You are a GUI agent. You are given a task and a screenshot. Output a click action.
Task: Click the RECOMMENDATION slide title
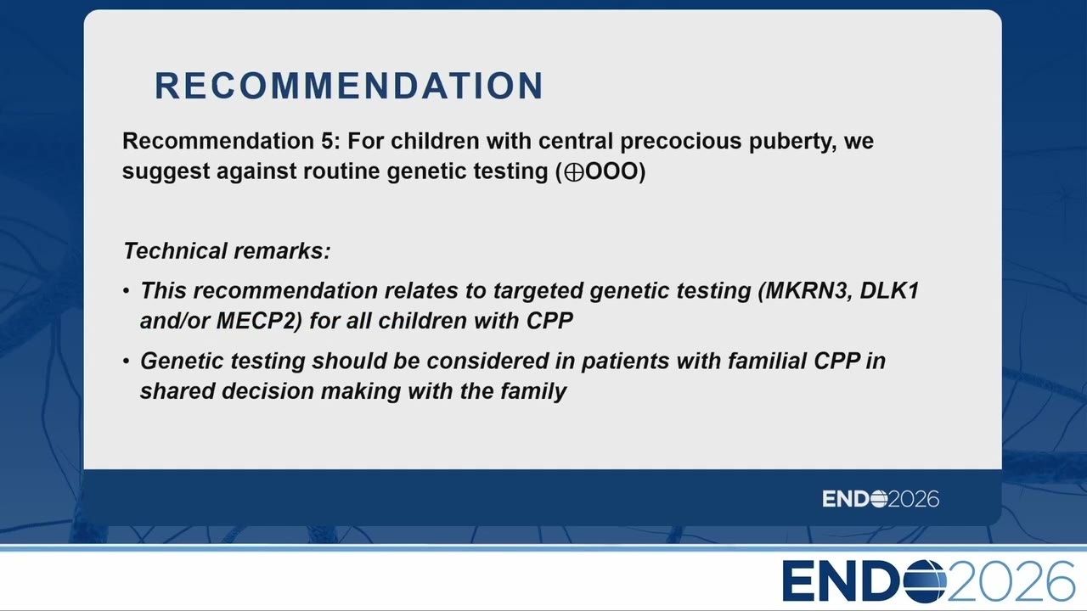[x=349, y=86]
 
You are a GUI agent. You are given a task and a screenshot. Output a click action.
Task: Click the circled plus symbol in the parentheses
[x=574, y=172]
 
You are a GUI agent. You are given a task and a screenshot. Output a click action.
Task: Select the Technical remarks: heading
[x=227, y=251]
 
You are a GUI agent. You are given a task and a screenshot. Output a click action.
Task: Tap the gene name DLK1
[x=889, y=290]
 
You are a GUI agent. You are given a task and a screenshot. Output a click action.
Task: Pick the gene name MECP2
[x=256, y=321]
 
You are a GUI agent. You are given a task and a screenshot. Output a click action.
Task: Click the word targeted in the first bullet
[x=538, y=291]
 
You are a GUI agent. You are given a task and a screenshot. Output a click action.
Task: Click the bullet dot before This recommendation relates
[x=127, y=291]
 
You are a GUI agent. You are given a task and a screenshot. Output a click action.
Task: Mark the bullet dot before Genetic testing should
[x=127, y=362]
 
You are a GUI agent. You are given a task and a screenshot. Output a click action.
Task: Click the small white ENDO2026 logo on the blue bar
[x=881, y=499]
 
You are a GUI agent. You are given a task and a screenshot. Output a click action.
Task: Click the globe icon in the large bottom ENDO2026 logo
[x=924, y=581]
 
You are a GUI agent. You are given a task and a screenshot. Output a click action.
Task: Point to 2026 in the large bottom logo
[x=1011, y=581]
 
